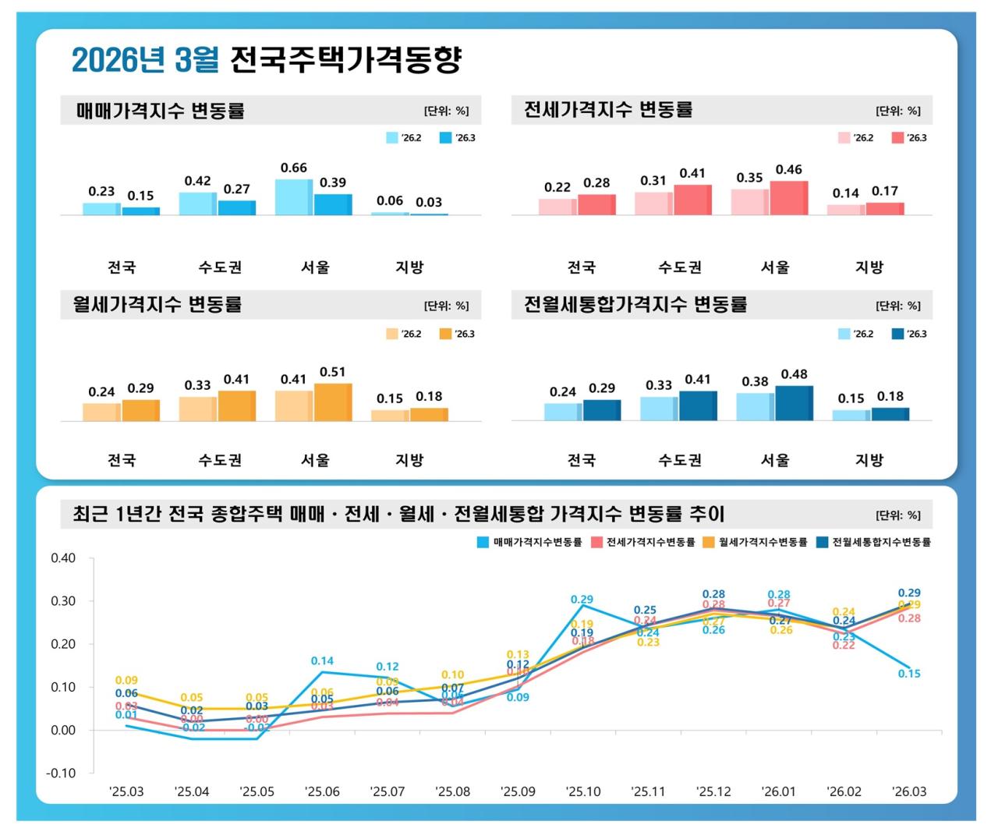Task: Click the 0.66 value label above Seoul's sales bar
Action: pos(294,168)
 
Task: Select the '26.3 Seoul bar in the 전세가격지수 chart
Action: pos(788,198)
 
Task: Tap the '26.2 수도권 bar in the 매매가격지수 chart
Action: pos(197,204)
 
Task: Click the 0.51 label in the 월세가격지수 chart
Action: pos(333,372)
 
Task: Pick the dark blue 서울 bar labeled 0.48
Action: pos(794,403)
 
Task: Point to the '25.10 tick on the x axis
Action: pos(583,791)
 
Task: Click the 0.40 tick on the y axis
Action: pos(63,558)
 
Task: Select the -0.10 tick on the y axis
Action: pos(62,773)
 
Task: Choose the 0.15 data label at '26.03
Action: pos(909,674)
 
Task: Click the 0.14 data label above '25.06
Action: pos(322,661)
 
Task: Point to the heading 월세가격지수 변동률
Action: pos(157,304)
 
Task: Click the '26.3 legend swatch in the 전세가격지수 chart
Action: pos(897,138)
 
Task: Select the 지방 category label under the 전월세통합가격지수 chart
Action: pos(869,460)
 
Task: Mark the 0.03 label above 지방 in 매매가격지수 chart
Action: pos(429,202)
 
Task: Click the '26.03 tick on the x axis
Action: pos(909,791)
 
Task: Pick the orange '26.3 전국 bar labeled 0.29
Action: pos(140,410)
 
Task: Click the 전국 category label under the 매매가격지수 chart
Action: pos(122,267)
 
